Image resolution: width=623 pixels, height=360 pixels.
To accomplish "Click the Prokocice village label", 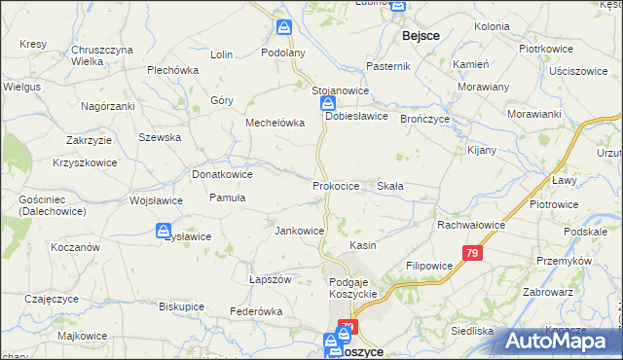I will [x=336, y=185].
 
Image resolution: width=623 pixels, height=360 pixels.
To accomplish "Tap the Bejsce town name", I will [x=421, y=35].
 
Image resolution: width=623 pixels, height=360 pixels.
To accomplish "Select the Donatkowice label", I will [x=222, y=174].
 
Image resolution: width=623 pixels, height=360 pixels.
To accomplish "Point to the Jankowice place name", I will [x=299, y=231].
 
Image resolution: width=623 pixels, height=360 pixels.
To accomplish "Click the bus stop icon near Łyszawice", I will [x=164, y=232].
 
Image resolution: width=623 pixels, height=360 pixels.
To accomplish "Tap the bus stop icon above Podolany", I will [x=283, y=28].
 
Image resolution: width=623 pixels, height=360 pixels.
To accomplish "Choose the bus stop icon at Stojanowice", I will [x=329, y=103].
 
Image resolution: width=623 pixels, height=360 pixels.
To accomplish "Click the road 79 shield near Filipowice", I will [x=472, y=254].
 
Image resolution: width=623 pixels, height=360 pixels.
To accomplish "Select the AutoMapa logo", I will [x=562, y=340].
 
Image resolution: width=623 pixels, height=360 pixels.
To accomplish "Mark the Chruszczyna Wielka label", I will [x=101, y=54].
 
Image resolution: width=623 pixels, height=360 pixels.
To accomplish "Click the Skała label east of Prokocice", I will [x=390, y=185].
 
